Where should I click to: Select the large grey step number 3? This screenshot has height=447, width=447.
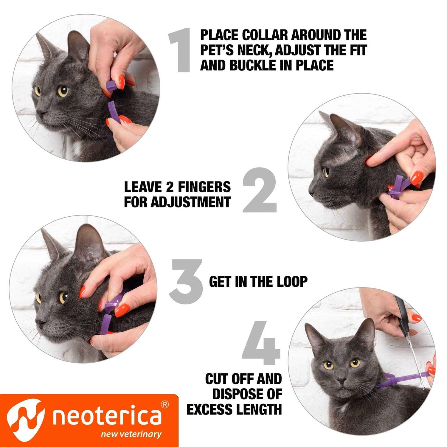point(186,280)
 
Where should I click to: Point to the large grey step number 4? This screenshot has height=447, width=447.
point(262,343)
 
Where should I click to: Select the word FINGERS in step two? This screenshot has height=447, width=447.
point(204,187)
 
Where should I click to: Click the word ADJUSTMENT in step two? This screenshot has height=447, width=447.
point(190,202)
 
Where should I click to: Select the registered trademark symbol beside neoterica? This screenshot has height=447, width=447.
point(165,405)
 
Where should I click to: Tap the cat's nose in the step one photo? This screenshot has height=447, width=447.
point(41,113)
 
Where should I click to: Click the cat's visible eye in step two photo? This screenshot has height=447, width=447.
point(326,172)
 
